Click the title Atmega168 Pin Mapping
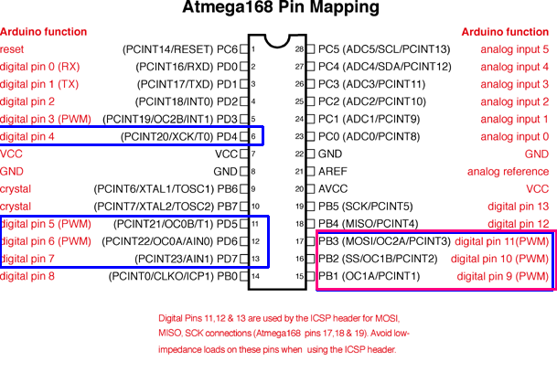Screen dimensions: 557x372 point(281,7)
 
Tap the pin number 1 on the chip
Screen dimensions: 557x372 point(253,49)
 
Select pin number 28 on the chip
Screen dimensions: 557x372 point(299,49)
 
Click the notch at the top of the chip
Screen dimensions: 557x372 point(277,41)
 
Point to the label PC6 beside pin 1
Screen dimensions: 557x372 point(227,49)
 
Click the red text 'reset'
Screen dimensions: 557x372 point(12,49)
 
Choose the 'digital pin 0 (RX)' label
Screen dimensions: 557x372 point(40,67)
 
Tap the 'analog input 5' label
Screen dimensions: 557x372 point(515,49)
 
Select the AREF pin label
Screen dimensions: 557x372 point(333,172)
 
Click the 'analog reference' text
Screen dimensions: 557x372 point(508,172)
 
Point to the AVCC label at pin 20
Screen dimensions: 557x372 point(333,189)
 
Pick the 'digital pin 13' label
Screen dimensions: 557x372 point(519,207)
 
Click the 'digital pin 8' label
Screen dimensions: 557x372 point(27,276)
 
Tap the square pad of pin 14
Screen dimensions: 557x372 point(244,276)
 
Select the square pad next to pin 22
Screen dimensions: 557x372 point(310,154)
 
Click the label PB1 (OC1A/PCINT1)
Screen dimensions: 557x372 point(370,276)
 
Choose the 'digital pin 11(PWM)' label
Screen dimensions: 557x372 point(502,241)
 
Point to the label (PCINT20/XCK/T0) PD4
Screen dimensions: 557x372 point(179,137)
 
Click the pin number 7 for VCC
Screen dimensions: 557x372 point(253,154)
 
